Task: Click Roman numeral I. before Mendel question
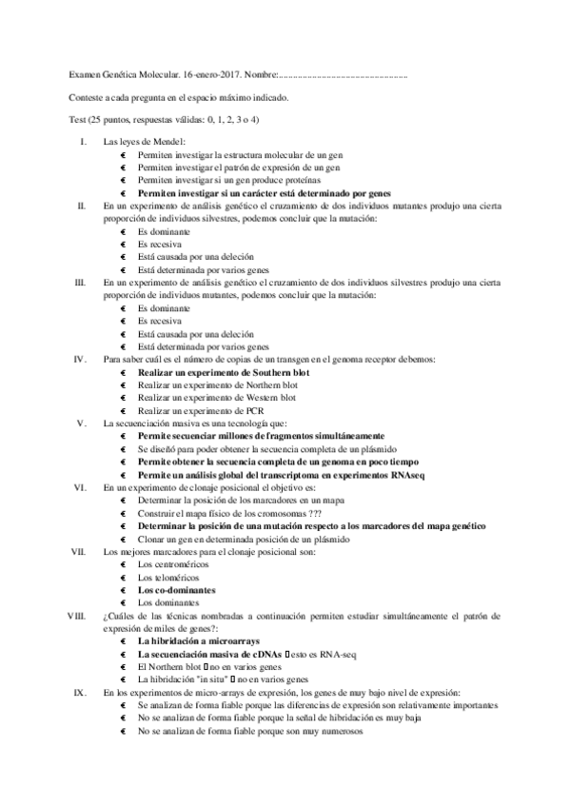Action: tap(84, 142)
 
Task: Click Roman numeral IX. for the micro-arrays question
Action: tap(82, 693)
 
